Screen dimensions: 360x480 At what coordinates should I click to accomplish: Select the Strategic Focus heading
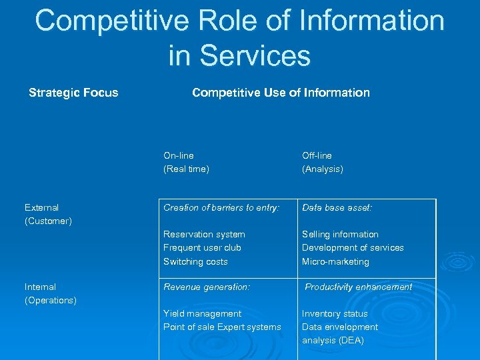tap(73, 93)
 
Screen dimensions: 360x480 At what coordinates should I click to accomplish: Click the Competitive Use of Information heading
tap(281, 93)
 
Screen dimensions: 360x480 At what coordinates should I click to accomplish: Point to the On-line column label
tap(179, 155)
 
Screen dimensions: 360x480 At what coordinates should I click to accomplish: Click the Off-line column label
tap(317, 155)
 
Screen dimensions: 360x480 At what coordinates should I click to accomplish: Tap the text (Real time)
tap(186, 169)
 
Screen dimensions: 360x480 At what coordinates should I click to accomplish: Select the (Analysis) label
tap(323, 169)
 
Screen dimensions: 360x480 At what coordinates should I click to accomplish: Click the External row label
tap(41, 208)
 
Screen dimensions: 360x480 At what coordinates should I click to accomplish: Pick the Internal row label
tap(40, 287)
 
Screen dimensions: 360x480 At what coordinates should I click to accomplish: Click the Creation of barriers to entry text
tap(221, 208)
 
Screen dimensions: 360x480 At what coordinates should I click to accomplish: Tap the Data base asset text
tap(337, 208)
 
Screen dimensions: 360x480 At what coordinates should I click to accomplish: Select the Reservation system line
tap(204, 235)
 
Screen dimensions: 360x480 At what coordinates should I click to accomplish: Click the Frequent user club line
tap(202, 248)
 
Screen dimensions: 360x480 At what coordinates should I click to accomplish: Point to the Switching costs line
tap(195, 262)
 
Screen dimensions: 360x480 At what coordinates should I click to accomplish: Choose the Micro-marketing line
tap(335, 262)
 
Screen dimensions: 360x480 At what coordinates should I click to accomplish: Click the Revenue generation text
tap(207, 287)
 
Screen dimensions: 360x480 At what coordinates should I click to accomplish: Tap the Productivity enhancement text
tap(358, 287)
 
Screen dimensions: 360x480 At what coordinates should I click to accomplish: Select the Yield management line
tap(202, 314)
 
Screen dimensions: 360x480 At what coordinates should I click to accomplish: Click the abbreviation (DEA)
tap(352, 341)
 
